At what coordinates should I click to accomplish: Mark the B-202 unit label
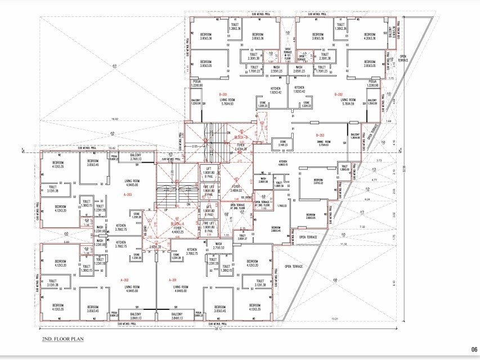click(339, 94)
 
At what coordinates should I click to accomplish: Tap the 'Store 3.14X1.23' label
click(279, 143)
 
